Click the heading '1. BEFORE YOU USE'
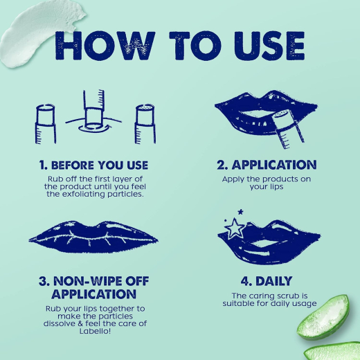(93, 165)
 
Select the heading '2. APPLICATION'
(267, 165)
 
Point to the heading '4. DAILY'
(267, 281)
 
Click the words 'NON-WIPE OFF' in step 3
(101, 281)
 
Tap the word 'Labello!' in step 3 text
(95, 331)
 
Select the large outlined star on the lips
(234, 228)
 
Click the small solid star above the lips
(240, 212)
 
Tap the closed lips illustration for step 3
(93, 237)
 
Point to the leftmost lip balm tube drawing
(46, 124)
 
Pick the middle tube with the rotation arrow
(93, 112)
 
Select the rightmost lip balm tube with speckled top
(145, 124)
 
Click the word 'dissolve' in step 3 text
(59, 323)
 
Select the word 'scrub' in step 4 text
(286, 296)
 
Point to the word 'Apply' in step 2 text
(233, 179)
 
